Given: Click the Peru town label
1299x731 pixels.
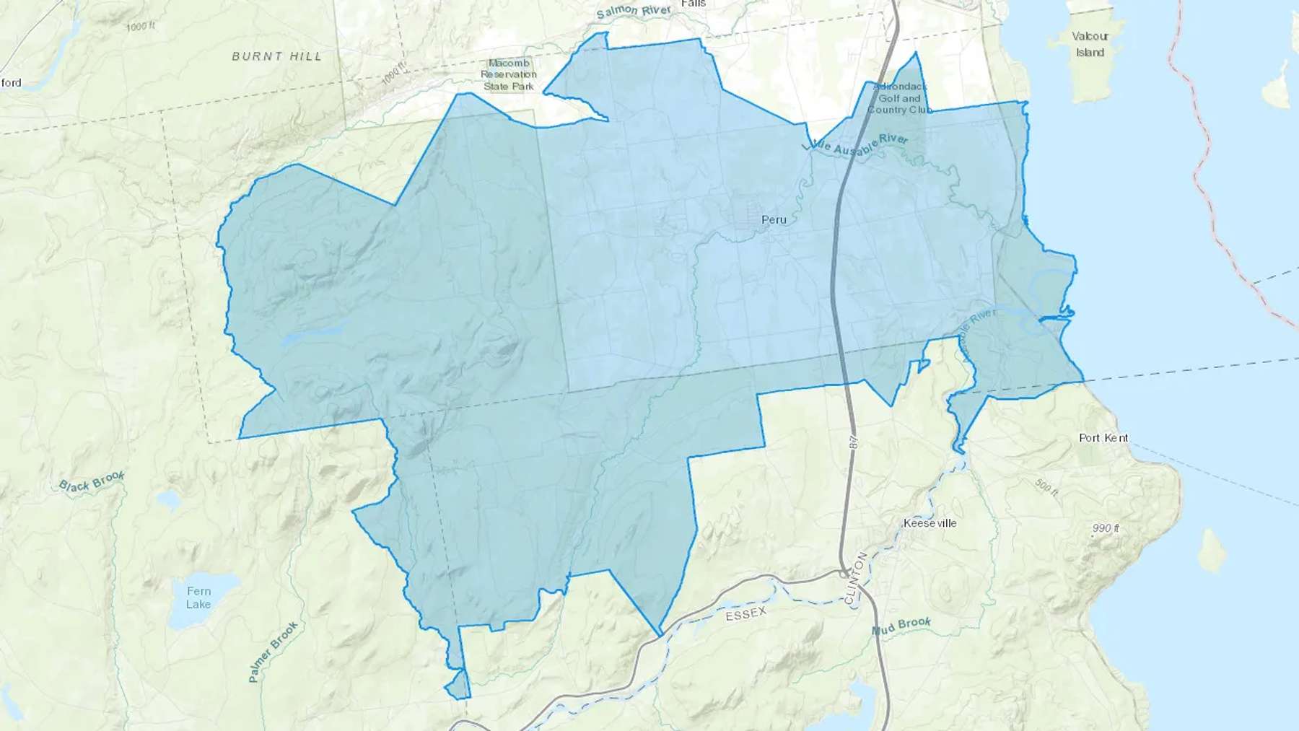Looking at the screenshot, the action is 774,219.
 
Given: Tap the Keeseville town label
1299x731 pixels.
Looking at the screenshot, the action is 930,523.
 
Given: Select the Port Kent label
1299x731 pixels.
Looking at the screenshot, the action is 1103,438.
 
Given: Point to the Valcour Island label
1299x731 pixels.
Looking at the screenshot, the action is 1090,44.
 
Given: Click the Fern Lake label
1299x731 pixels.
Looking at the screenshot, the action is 198,598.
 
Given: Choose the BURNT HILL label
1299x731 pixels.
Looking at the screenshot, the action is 276,56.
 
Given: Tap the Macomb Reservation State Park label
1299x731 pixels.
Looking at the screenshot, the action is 509,75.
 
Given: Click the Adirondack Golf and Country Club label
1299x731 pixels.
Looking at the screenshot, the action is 899,98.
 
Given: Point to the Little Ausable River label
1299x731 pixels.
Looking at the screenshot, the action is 855,143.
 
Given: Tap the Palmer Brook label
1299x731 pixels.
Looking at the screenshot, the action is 273,652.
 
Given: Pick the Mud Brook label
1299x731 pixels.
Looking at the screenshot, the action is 901,626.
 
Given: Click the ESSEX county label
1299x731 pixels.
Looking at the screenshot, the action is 745,614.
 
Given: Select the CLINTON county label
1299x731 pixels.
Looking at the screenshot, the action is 855,578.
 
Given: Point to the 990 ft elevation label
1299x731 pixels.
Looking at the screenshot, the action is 1106,528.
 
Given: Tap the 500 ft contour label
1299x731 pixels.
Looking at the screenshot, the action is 1046,487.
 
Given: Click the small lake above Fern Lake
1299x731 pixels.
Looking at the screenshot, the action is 167,499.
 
